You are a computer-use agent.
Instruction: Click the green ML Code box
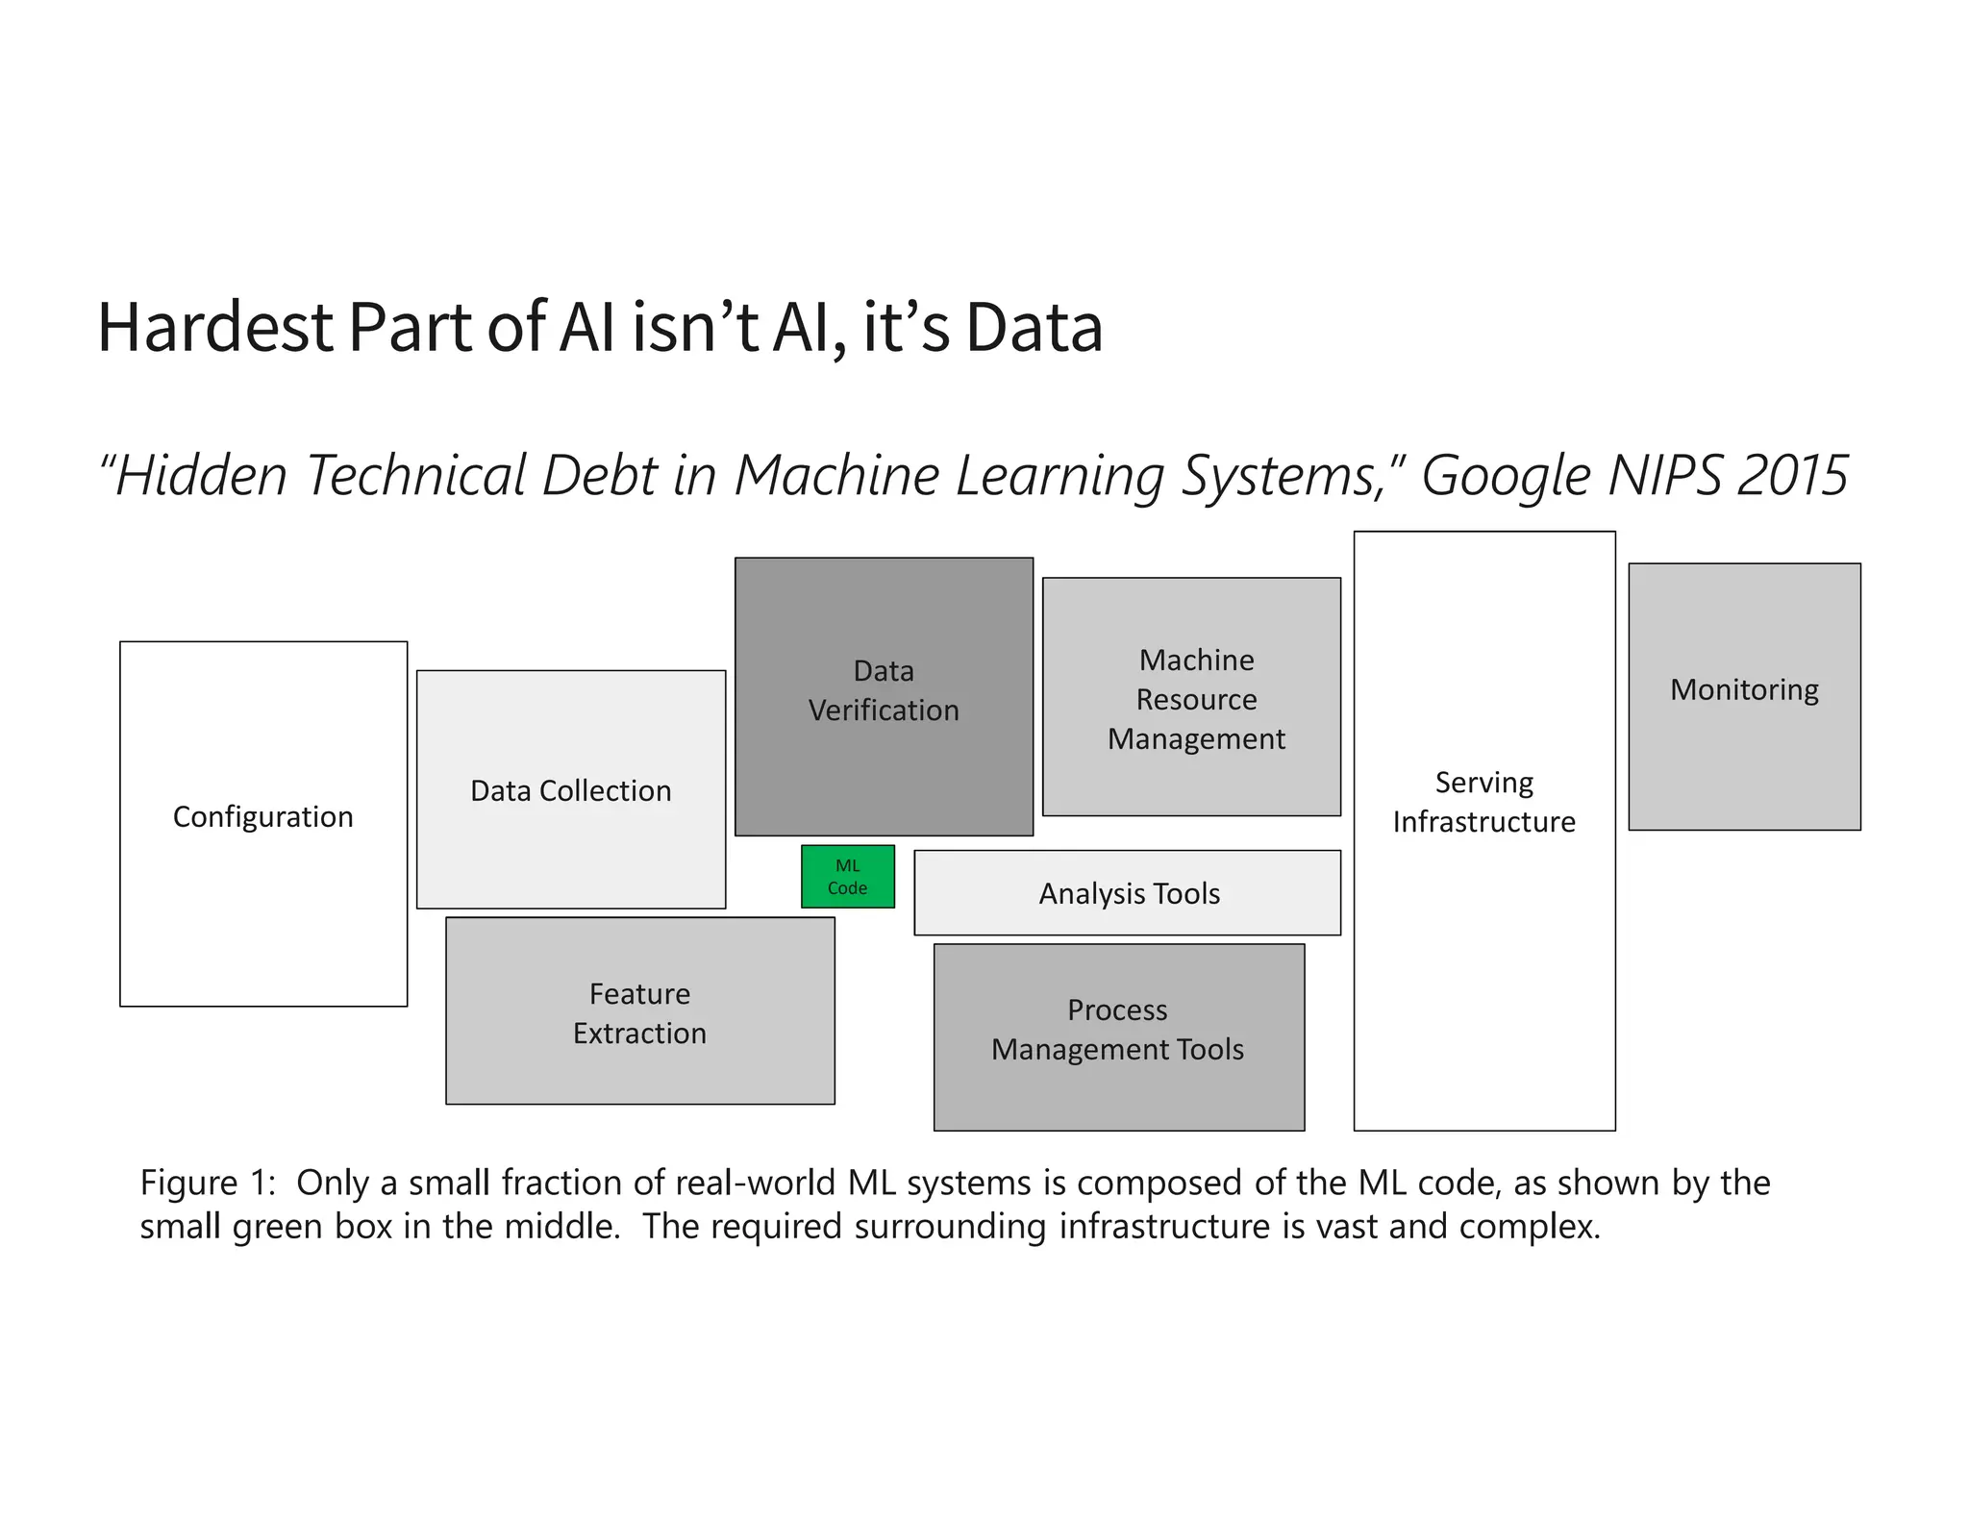point(847,876)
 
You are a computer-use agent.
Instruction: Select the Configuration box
point(263,823)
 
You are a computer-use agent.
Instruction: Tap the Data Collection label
point(570,790)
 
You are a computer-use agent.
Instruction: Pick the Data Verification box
point(884,696)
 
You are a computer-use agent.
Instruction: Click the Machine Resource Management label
point(1195,699)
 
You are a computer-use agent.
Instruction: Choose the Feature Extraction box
point(639,1010)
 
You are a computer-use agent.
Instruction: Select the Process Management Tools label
point(1117,1030)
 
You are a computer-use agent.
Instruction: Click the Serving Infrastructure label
point(1483,802)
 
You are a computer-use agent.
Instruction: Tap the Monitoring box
point(1744,696)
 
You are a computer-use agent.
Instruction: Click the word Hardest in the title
point(215,328)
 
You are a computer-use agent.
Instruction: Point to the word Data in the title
point(1034,328)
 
